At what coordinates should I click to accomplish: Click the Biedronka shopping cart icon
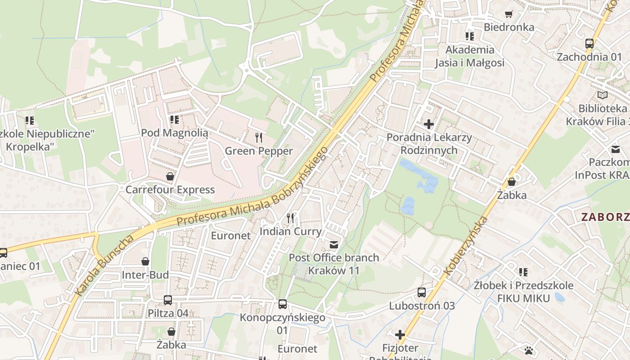(x=508, y=14)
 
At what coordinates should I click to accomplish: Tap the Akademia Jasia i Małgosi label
(x=469, y=56)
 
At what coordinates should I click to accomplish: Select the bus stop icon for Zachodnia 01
(x=589, y=44)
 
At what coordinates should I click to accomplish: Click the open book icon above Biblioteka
(x=602, y=95)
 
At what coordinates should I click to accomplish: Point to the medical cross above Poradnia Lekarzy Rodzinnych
(x=428, y=124)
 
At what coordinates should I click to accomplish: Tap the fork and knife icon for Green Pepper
(x=259, y=137)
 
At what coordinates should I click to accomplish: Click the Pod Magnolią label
(x=175, y=133)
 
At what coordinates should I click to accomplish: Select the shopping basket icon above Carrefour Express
(x=170, y=176)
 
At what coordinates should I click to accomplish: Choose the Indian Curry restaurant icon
(x=290, y=218)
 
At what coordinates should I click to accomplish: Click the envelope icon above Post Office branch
(x=334, y=244)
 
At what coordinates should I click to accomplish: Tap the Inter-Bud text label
(x=145, y=275)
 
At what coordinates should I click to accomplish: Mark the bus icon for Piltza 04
(x=168, y=300)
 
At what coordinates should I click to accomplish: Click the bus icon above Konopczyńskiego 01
(x=282, y=304)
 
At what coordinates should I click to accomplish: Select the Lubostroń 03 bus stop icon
(x=422, y=292)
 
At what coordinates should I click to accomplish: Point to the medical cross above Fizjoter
(x=400, y=335)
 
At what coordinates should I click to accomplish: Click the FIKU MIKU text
(x=523, y=298)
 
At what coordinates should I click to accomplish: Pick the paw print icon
(x=529, y=350)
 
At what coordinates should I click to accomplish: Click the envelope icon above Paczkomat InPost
(x=615, y=149)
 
